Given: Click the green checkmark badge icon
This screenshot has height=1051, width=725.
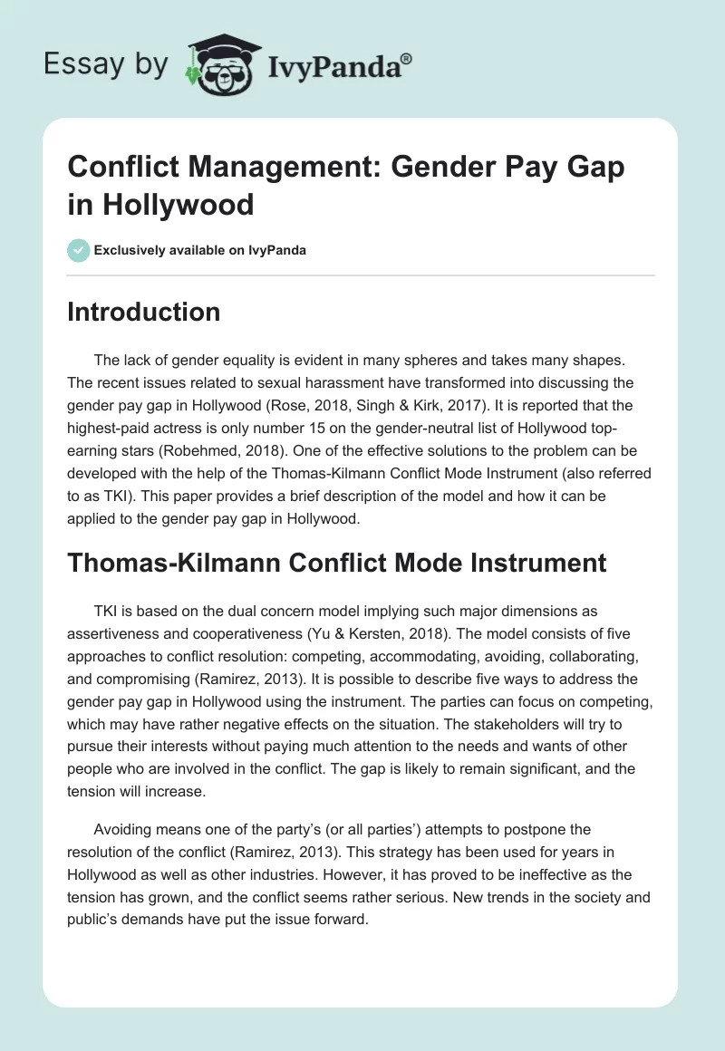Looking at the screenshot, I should pos(79,250).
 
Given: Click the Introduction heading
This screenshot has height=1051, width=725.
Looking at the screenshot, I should pos(144,312).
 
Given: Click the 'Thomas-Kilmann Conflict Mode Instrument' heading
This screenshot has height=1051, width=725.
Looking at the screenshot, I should pos(337,563).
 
